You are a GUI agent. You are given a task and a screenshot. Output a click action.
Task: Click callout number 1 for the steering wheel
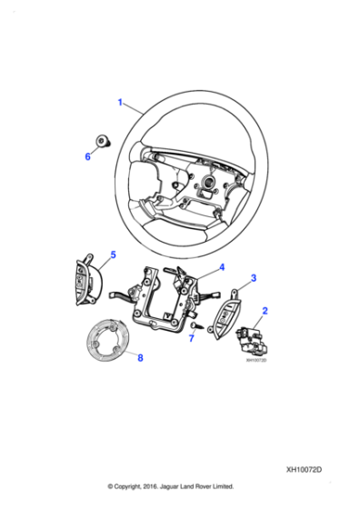coord(120,102)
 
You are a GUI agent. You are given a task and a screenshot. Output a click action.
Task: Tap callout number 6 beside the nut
coord(88,156)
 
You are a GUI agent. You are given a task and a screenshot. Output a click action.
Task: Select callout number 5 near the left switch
coord(113,254)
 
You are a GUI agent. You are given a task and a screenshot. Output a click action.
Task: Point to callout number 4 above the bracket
coord(221,268)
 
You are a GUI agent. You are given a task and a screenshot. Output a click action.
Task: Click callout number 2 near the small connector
coord(265,312)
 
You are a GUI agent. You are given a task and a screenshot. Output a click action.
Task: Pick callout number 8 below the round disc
coord(140,358)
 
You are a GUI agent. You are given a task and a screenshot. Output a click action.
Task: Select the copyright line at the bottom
coord(170,485)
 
